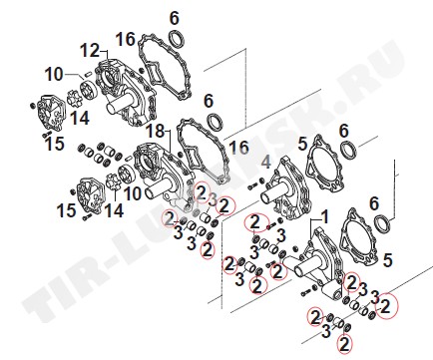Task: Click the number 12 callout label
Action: point(90,51)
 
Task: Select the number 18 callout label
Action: point(156,132)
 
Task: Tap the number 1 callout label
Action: point(324,217)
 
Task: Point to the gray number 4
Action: point(266,163)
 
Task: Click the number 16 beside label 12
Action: point(126,40)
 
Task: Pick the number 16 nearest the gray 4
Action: point(239,148)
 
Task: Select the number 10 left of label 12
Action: point(54,75)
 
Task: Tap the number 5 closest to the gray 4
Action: point(302,145)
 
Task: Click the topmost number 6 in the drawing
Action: point(175,18)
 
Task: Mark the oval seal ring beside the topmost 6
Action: point(177,39)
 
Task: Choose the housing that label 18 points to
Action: point(163,173)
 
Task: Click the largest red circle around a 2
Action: point(386,306)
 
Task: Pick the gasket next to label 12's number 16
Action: point(163,66)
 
